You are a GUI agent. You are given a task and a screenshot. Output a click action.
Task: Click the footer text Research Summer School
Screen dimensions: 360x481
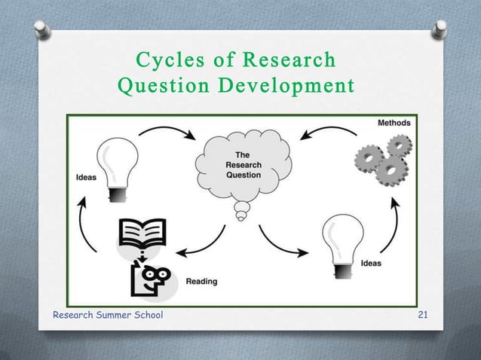108,315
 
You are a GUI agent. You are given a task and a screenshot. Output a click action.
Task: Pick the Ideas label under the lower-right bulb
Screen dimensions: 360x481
370,264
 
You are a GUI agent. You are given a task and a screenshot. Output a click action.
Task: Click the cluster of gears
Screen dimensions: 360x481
381,159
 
